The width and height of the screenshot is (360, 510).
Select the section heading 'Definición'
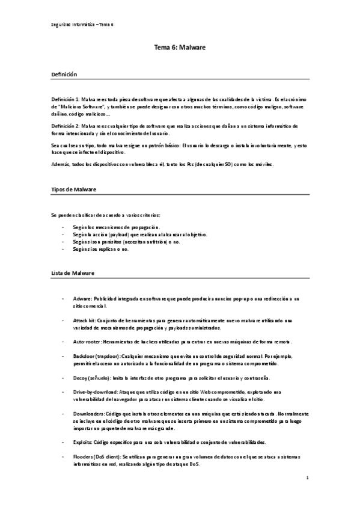[64, 74]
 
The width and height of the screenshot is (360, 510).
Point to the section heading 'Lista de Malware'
[72, 273]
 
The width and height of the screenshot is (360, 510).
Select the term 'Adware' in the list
[81, 298]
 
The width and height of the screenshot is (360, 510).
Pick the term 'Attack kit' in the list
[84, 321]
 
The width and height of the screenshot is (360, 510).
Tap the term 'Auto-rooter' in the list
[87, 342]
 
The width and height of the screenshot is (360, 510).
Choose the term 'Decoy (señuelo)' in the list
[91, 378]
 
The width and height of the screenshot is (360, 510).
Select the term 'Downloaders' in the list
[88, 414]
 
